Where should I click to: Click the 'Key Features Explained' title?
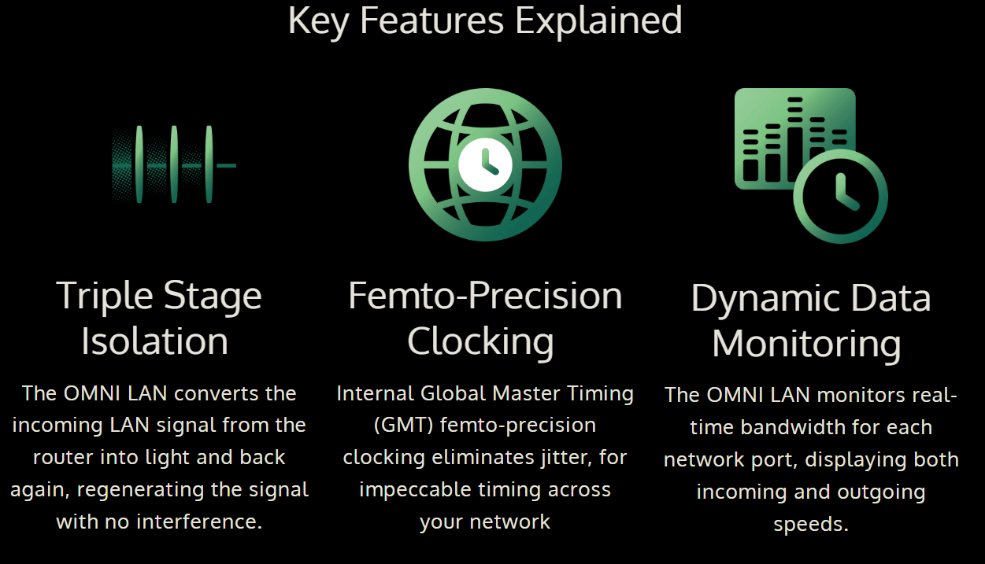click(485, 20)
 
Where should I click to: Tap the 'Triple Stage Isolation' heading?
click(158, 319)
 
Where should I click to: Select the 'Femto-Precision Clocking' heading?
click(485, 318)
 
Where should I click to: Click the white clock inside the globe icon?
click(485, 164)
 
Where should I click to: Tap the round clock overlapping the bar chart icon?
click(840, 196)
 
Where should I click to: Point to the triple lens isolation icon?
click(174, 164)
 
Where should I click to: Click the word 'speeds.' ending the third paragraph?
click(811, 525)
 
